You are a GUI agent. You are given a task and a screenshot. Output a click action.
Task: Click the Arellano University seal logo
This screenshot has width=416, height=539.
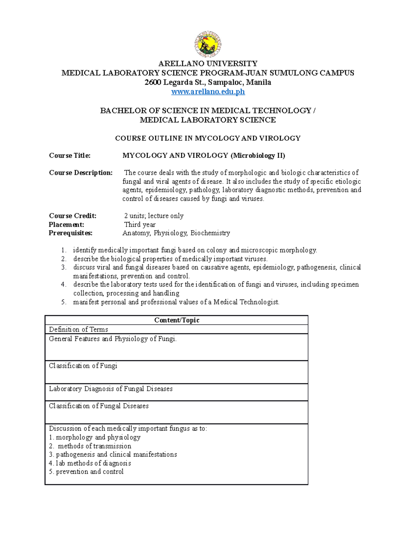coord(208,44)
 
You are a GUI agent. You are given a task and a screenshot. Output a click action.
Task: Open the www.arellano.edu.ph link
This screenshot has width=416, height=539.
coord(208,92)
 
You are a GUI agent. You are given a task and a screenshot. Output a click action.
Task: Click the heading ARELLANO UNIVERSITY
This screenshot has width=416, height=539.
coord(208,64)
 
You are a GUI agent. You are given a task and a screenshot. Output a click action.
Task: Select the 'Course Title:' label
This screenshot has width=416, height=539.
coord(70,155)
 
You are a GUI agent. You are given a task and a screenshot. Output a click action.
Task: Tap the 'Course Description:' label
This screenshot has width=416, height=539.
coord(80,173)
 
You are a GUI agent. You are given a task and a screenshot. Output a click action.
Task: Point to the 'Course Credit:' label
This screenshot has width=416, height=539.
coord(72,216)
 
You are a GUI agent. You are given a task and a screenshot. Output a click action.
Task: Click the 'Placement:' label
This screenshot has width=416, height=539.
coord(66,225)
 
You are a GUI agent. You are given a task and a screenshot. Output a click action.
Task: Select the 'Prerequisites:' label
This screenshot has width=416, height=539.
coord(70,233)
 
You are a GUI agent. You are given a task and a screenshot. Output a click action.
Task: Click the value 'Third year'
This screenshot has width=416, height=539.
coord(140,225)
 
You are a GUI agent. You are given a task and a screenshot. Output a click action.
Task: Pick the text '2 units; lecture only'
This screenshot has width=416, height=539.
coord(154,216)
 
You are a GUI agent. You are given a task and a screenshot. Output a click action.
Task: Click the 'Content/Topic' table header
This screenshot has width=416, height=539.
coord(176,320)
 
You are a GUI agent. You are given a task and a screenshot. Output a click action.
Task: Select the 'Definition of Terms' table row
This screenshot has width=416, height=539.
coord(78,329)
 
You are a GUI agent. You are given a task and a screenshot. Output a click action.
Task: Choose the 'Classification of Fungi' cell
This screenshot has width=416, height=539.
coord(83,366)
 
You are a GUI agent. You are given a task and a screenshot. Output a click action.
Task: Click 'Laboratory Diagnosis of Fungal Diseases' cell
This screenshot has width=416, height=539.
coord(111,389)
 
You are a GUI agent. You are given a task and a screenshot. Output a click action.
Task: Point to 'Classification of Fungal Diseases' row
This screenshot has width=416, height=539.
coord(98,406)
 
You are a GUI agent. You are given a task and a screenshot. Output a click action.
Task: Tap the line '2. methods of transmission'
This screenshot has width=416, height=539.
coord(90,446)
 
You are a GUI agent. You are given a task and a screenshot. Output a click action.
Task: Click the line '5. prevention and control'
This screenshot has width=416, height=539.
coord(86,472)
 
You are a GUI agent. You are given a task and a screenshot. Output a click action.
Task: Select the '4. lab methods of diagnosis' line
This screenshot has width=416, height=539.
coord(90,463)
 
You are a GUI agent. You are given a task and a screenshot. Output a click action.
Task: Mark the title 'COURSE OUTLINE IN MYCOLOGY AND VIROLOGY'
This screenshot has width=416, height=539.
coord(208,138)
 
